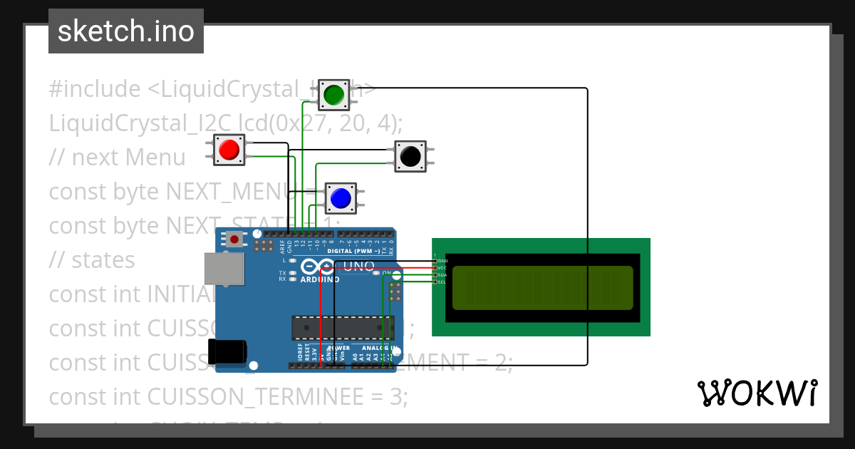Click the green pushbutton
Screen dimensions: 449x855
coord(333,94)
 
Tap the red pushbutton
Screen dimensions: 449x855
coord(229,150)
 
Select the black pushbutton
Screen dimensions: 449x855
coord(410,155)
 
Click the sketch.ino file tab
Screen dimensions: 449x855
coord(126,31)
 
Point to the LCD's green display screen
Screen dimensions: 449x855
coord(542,288)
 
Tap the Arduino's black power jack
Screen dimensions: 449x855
coord(227,352)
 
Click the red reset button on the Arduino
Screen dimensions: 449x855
coord(234,239)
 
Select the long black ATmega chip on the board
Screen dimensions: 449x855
coord(342,327)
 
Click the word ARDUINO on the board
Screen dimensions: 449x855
coord(320,280)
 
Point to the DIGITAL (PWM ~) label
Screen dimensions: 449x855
coord(353,251)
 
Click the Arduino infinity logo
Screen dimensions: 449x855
coord(318,267)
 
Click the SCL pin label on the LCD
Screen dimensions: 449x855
coord(441,282)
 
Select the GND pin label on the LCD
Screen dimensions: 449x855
coord(442,262)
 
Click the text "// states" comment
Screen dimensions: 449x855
coord(92,260)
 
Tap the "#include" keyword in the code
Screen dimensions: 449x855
coord(95,89)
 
